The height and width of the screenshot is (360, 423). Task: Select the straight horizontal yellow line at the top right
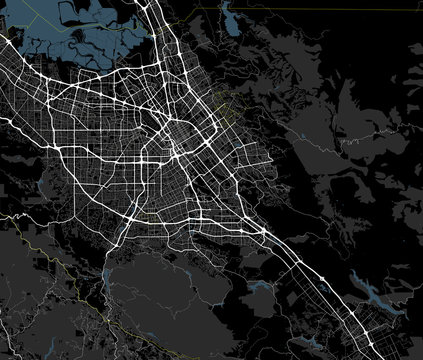tap(300, 8)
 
